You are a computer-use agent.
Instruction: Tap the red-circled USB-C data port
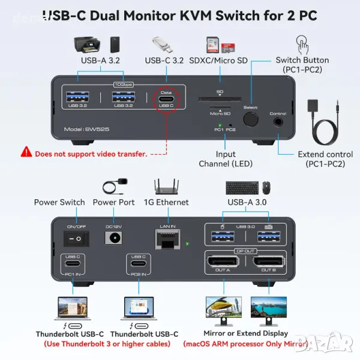pyautogui.click(x=167, y=100)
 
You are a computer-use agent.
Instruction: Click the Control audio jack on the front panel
pyautogui.click(x=278, y=121)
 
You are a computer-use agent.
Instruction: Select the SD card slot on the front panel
pyautogui.click(x=220, y=100)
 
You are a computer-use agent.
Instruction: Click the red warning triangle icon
pyautogui.click(x=26, y=153)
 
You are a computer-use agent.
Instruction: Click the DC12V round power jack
pyautogui.click(x=113, y=239)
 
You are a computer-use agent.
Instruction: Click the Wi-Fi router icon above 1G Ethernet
pyautogui.click(x=166, y=187)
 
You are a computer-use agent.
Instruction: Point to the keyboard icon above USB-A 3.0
pyautogui.click(x=242, y=188)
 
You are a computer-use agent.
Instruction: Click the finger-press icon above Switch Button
pyautogui.click(x=302, y=44)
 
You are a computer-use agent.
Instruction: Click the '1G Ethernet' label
pyautogui.click(x=166, y=203)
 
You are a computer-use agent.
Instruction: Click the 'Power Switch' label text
pyautogui.click(x=59, y=203)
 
